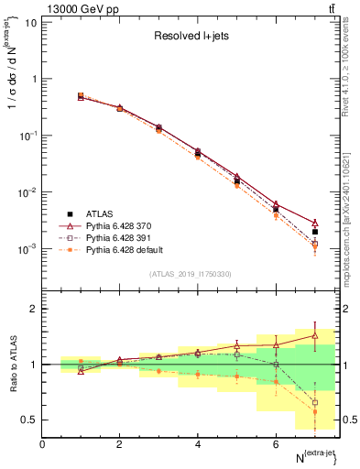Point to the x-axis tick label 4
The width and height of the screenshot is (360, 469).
coord(198,443)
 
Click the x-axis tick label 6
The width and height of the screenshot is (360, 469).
coord(276,443)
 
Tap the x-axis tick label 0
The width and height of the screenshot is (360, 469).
coord(42,443)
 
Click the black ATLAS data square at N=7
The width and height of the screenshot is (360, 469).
coord(315,232)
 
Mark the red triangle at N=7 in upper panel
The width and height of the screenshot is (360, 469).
coord(315,223)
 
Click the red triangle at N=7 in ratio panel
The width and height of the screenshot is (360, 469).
coord(315,336)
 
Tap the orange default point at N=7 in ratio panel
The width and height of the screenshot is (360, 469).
coord(315,412)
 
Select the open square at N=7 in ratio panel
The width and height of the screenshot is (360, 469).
coord(315,402)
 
